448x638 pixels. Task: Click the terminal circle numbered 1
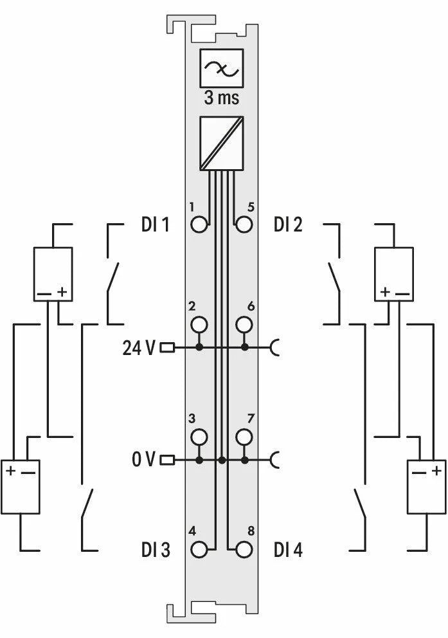click(199, 224)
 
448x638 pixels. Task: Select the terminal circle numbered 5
click(244, 224)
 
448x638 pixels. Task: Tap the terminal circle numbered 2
click(199, 325)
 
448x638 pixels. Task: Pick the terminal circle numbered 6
click(244, 325)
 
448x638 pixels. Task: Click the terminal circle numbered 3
click(199, 437)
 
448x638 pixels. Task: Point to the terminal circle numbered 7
click(244, 437)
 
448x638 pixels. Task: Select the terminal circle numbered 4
click(199, 550)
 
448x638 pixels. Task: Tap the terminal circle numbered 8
click(244, 550)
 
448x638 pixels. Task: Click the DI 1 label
click(155, 224)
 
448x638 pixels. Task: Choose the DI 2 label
click(288, 224)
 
